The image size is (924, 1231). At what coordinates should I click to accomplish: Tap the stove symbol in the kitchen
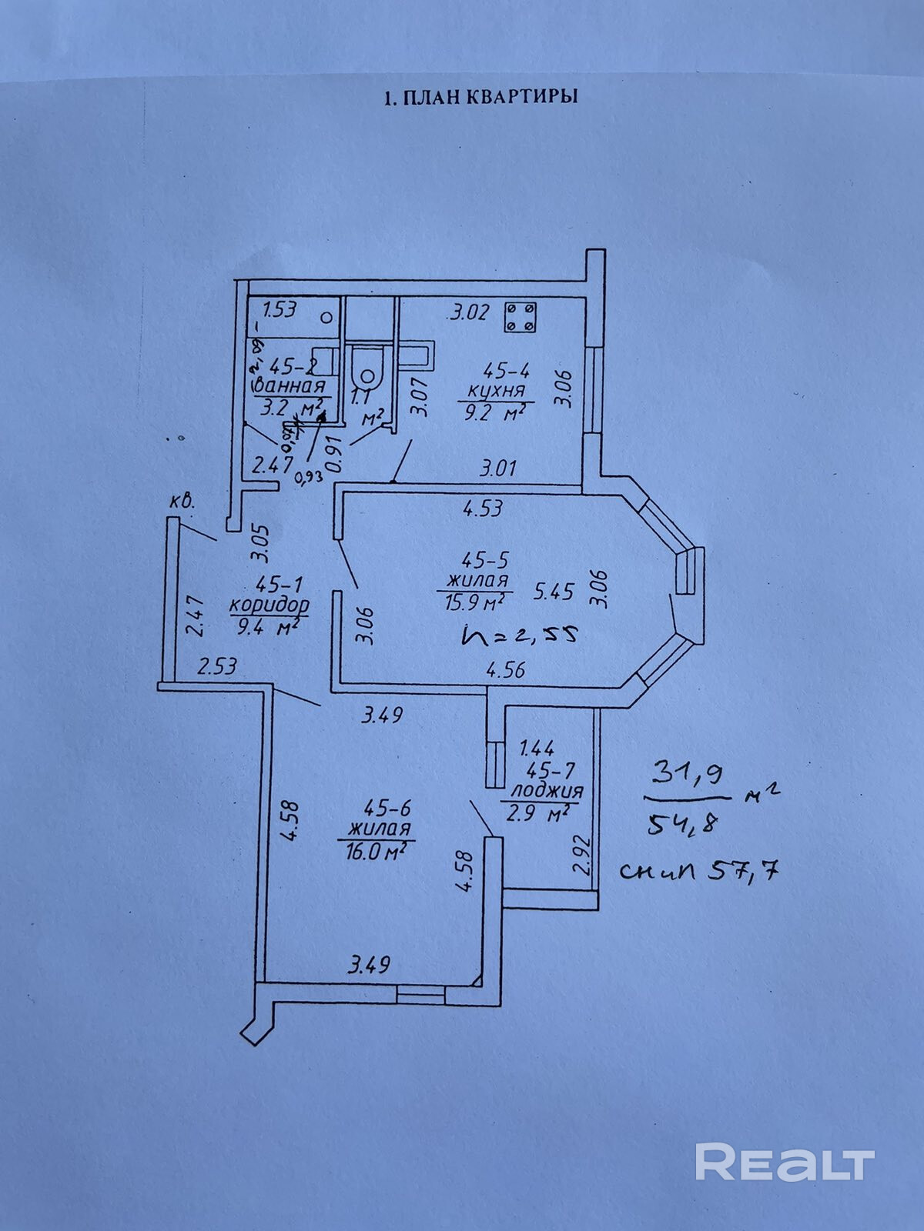click(521, 317)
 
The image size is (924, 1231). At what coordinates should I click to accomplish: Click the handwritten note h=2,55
click(519, 635)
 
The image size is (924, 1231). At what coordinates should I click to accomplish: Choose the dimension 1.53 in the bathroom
click(280, 311)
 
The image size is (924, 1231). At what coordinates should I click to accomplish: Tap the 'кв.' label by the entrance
click(182, 503)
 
